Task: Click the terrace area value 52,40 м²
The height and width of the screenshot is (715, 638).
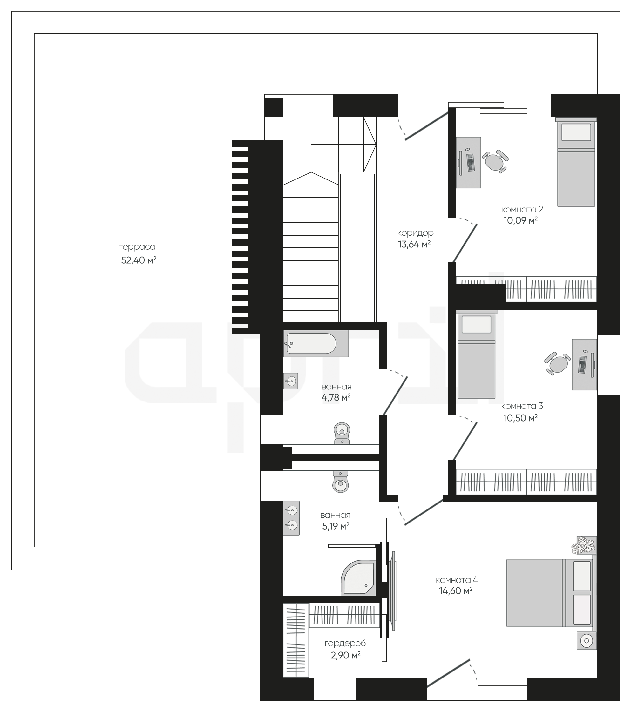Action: pos(139,260)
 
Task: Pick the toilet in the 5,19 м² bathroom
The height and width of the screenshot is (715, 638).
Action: pos(341,482)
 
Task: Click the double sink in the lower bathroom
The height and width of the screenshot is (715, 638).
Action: pos(292,518)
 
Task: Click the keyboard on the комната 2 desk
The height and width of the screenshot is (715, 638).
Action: pos(471,163)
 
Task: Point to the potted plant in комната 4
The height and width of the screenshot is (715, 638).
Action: pos(584,546)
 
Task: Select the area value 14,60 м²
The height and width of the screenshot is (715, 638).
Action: pos(456,591)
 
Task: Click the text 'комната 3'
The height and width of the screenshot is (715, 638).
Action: pos(522,406)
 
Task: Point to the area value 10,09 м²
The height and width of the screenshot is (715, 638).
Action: pos(520,220)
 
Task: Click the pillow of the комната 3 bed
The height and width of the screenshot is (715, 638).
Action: pos(476,324)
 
